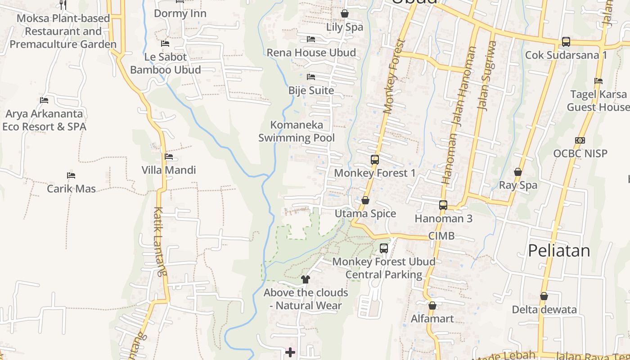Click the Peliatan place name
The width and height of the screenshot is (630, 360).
[x=559, y=251]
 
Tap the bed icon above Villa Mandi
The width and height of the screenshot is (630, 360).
[x=169, y=157]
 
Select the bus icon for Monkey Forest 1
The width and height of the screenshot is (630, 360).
[x=374, y=159]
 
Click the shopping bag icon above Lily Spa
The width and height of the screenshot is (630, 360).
[x=345, y=13]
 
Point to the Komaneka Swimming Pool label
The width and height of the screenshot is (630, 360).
[x=297, y=131]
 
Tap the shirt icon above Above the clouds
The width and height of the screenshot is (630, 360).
[x=306, y=279]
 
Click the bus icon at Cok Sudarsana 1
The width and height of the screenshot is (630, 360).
[x=566, y=42]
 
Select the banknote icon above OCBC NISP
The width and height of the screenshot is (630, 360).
[x=580, y=140]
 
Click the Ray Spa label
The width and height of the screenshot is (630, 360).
[x=518, y=185]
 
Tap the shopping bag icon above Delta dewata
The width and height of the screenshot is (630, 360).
[x=544, y=296]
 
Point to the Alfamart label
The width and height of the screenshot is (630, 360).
[x=432, y=319]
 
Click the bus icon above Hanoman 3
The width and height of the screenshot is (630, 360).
[x=443, y=205]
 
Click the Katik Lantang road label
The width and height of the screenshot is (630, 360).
[x=160, y=241]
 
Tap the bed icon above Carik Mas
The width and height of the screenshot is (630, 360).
[x=71, y=175]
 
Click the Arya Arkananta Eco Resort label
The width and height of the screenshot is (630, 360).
[x=44, y=120]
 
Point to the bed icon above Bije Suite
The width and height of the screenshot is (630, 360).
[x=311, y=77]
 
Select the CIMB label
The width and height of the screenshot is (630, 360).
[x=441, y=236]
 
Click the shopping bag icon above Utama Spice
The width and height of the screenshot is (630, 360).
[x=365, y=200]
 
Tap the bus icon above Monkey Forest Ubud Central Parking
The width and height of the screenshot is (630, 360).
[x=384, y=248]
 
